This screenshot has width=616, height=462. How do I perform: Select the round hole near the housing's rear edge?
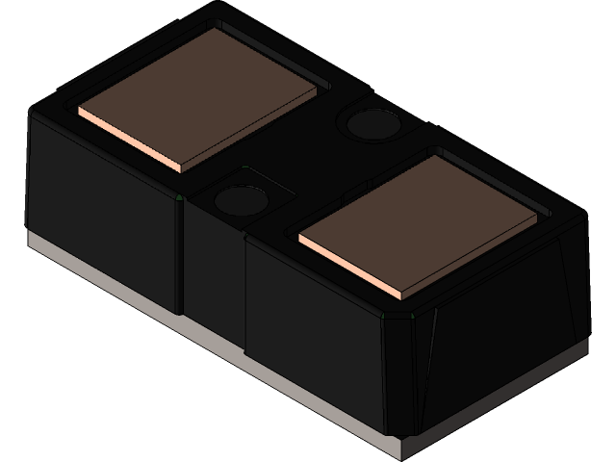(x=371, y=123)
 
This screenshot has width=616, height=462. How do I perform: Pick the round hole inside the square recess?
(x=241, y=200)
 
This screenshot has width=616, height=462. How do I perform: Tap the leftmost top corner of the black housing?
(x=32, y=111)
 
